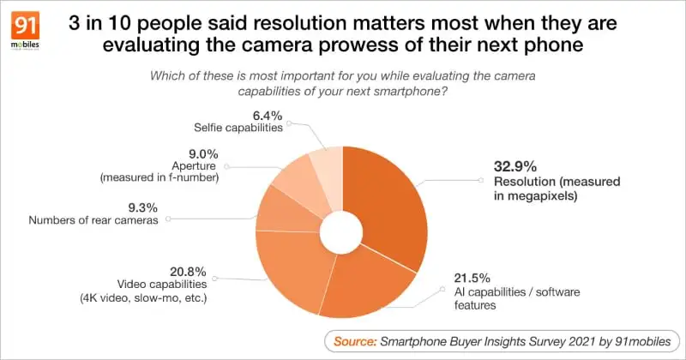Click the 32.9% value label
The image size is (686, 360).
514,167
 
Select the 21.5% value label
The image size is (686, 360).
471,278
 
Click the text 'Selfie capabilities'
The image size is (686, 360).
237,128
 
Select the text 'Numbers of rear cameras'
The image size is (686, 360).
94,219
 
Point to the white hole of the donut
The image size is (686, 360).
341,229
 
